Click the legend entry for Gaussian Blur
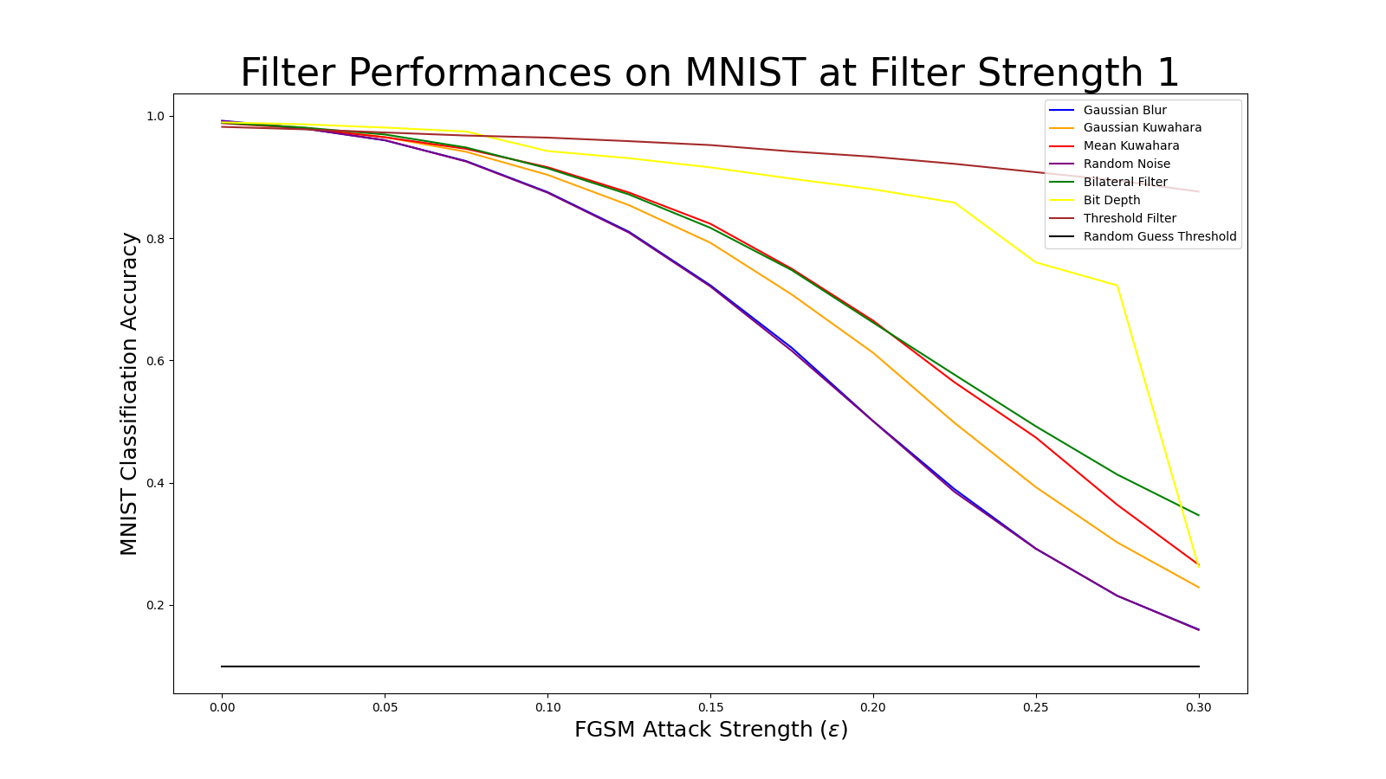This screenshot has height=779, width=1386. (1124, 110)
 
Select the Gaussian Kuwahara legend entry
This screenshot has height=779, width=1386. (1142, 128)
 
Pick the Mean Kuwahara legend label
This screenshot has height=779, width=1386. (1130, 146)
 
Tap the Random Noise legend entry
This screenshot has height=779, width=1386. (1126, 164)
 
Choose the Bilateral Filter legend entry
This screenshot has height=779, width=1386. (1124, 183)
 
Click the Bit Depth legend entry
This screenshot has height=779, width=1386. (1111, 201)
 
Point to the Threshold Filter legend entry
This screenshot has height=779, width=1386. (1130, 219)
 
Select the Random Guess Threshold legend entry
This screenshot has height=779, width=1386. (1159, 237)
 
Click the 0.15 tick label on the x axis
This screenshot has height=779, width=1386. (710, 708)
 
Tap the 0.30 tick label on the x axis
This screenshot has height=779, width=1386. (1199, 708)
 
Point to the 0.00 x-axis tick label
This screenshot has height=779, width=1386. (222, 708)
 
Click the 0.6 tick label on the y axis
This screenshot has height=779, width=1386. (155, 361)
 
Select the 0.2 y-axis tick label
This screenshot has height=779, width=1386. (155, 606)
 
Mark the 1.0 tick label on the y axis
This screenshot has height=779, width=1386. (155, 116)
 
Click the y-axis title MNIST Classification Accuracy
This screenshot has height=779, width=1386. (129, 394)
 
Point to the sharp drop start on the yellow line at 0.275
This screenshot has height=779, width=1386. (1117, 286)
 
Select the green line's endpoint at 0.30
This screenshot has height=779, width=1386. (1199, 515)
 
